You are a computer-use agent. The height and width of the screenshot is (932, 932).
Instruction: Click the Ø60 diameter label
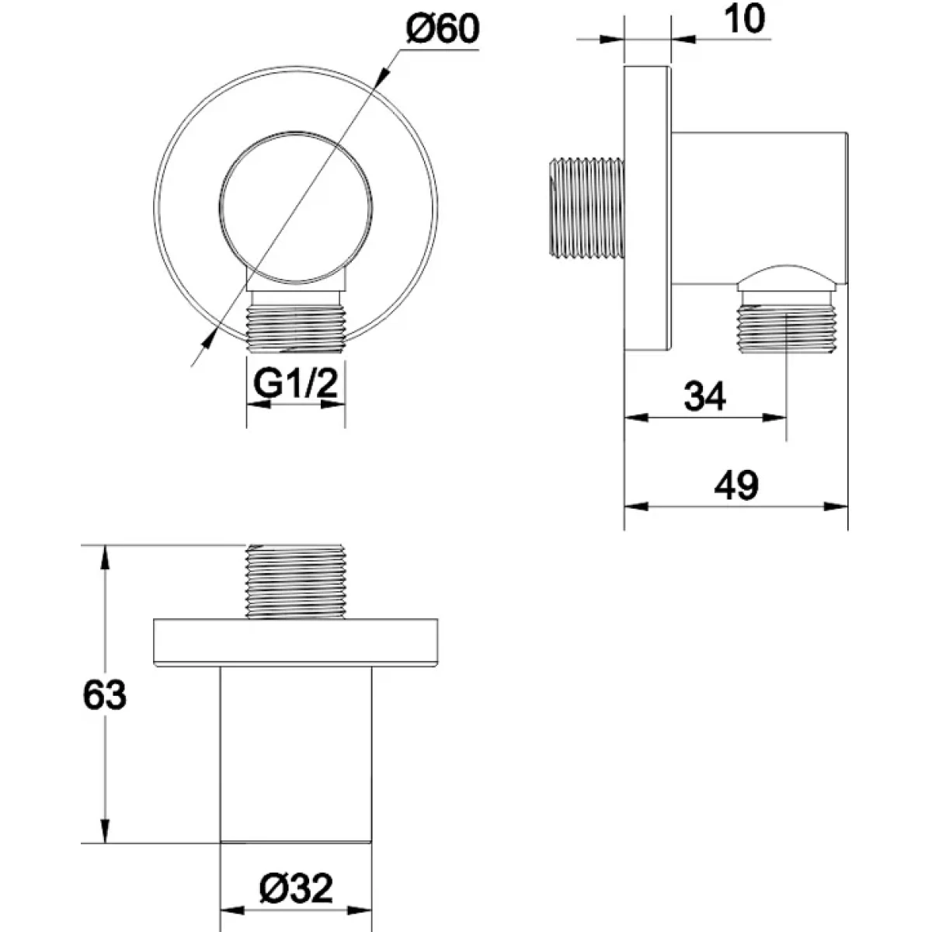point(443,29)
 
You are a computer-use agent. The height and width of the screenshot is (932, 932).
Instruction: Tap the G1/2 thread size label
point(295,384)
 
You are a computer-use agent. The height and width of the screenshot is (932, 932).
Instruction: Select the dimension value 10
point(745,19)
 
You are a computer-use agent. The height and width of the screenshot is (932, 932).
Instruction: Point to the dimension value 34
point(704,396)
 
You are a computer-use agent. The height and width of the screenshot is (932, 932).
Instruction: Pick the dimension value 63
point(105,695)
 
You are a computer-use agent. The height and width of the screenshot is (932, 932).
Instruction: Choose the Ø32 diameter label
point(296,888)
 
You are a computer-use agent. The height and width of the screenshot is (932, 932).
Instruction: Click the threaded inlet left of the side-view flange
point(586,208)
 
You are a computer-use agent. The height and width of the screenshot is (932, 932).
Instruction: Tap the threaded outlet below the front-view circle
point(296,328)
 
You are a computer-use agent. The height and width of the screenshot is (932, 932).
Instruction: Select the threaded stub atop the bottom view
point(295,582)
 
